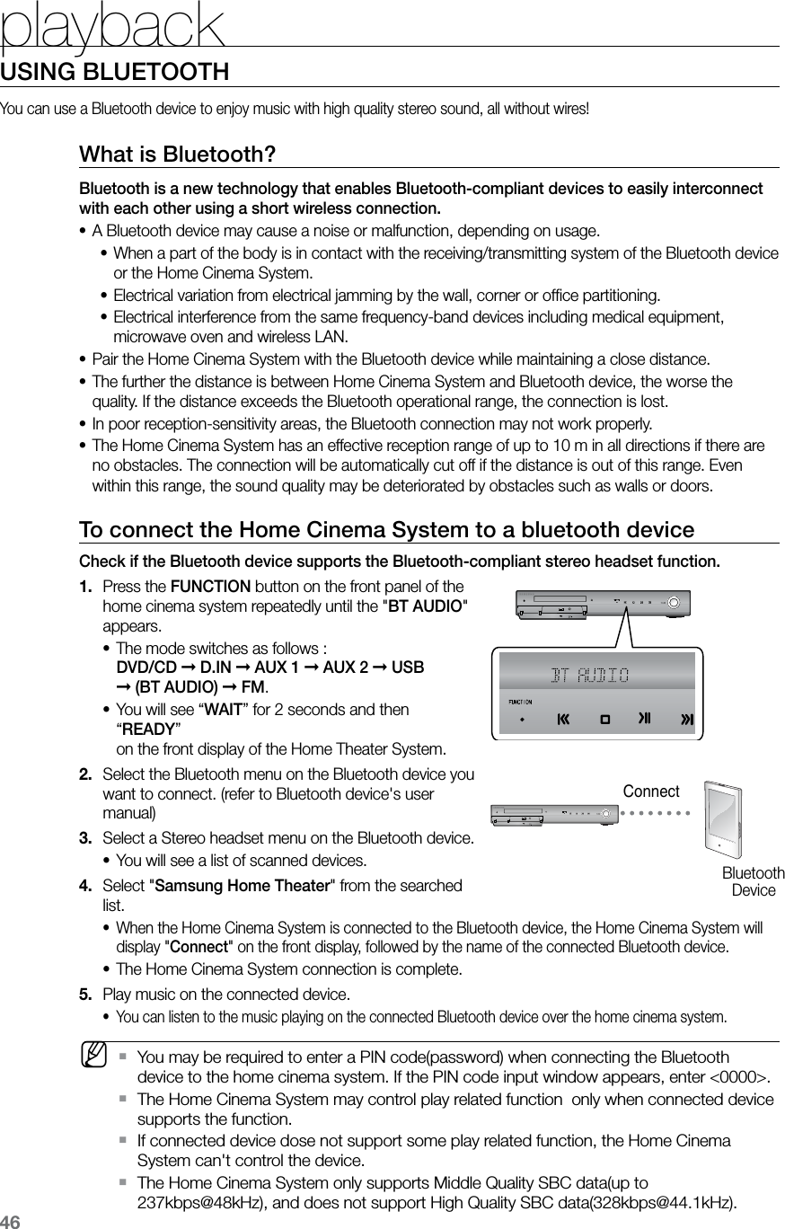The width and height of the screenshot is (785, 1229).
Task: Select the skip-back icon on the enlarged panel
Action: click(x=564, y=720)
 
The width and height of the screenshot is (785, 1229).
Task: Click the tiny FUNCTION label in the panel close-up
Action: click(x=521, y=702)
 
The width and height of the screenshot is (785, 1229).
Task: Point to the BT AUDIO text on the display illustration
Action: click(x=589, y=675)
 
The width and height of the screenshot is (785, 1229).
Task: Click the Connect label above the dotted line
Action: click(x=651, y=791)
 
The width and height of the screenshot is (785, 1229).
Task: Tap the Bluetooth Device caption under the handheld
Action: click(x=753, y=881)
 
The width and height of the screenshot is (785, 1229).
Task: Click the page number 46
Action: click(x=11, y=1221)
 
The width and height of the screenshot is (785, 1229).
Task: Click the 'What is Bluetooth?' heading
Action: click(x=177, y=154)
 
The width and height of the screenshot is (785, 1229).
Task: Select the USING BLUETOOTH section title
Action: click(x=115, y=71)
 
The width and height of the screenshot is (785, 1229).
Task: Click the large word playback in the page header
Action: click(x=112, y=27)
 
